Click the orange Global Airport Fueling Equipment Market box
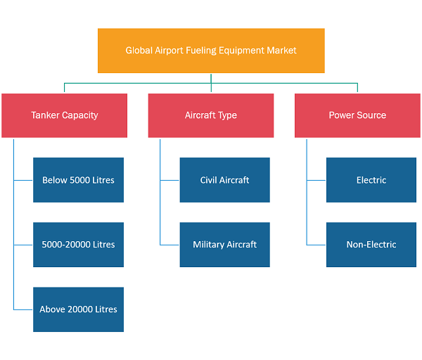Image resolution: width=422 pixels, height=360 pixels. pyautogui.click(x=211, y=51)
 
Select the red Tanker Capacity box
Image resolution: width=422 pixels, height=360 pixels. pyautogui.click(x=64, y=115)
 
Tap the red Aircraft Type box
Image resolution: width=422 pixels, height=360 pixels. pyautogui.click(x=211, y=115)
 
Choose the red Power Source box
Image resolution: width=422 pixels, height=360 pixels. pyautogui.click(x=357, y=115)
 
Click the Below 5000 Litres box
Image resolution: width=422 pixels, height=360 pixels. pyautogui.click(x=78, y=180)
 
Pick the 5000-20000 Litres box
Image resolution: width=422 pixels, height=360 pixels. pyautogui.click(x=78, y=245)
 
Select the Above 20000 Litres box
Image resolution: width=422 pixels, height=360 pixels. pyautogui.click(x=78, y=309)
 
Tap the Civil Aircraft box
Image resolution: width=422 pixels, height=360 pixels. pyautogui.click(x=225, y=180)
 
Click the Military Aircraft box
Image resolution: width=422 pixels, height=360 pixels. pyautogui.click(x=225, y=245)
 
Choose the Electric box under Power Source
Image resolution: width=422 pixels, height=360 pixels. pyautogui.click(x=371, y=180)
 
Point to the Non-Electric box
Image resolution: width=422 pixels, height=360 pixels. pyautogui.click(x=371, y=245)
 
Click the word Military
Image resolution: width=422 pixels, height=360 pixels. pyautogui.click(x=209, y=245)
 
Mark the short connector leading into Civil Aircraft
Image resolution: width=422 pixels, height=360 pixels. pyautogui.click(x=170, y=180)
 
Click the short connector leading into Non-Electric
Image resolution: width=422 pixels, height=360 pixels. pyautogui.click(x=316, y=245)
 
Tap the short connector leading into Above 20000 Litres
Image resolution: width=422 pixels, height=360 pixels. pyautogui.click(x=23, y=309)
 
